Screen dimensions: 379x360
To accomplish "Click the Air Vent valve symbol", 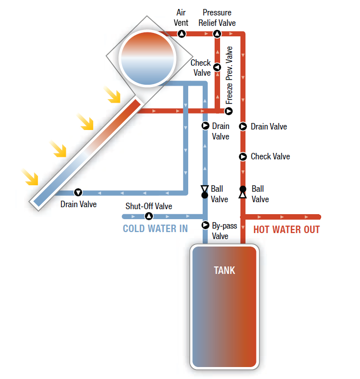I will pyautogui.click(x=182, y=34).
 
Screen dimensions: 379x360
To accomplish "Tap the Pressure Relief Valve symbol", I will pyautogui.click(x=217, y=34).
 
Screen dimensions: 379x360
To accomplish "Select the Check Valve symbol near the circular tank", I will pyautogui.click(x=217, y=67).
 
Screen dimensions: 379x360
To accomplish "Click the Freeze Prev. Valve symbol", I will pyautogui.click(x=229, y=111).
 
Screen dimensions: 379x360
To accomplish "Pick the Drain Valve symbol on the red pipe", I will pyautogui.click(x=243, y=126).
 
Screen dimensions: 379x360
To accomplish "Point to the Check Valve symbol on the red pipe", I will pyautogui.click(x=243, y=156).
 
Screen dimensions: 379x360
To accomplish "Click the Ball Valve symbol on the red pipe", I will pyautogui.click(x=243, y=192).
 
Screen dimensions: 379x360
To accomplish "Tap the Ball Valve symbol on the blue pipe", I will pyautogui.click(x=205, y=192).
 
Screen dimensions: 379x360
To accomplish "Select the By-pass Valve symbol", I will pyautogui.click(x=205, y=225).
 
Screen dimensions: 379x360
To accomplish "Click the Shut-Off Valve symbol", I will pyautogui.click(x=148, y=216).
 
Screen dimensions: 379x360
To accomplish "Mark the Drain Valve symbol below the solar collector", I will pyautogui.click(x=78, y=192).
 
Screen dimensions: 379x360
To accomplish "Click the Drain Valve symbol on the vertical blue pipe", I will pyautogui.click(x=205, y=126).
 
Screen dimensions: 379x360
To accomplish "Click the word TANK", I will pyautogui.click(x=224, y=270).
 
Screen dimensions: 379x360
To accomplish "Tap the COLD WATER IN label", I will pyautogui.click(x=155, y=229).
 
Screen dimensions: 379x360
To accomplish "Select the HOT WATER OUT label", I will pyautogui.click(x=286, y=230).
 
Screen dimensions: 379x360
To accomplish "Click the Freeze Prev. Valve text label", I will pyautogui.click(x=229, y=75).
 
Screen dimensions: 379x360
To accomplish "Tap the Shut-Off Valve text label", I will pyautogui.click(x=148, y=206).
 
